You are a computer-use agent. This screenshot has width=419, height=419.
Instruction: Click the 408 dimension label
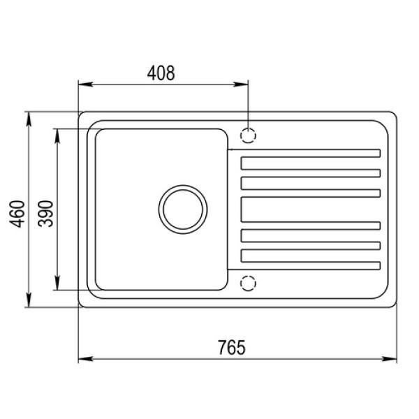click(161, 73)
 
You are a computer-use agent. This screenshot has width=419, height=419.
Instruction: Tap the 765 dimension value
click(231, 347)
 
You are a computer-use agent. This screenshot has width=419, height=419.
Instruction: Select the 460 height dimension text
click(17, 214)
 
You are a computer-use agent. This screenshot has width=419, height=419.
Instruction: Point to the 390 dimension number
click(45, 214)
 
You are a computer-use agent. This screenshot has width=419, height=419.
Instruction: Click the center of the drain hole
click(183, 209)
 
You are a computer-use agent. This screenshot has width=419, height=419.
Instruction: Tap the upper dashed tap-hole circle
click(248, 135)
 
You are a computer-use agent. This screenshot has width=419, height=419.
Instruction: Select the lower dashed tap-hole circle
click(248, 283)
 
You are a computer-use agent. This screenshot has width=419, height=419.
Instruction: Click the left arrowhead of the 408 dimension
click(85, 84)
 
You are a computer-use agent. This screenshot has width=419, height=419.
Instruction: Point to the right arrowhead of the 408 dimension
click(241, 84)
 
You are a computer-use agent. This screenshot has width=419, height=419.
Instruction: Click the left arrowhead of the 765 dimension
click(85, 359)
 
